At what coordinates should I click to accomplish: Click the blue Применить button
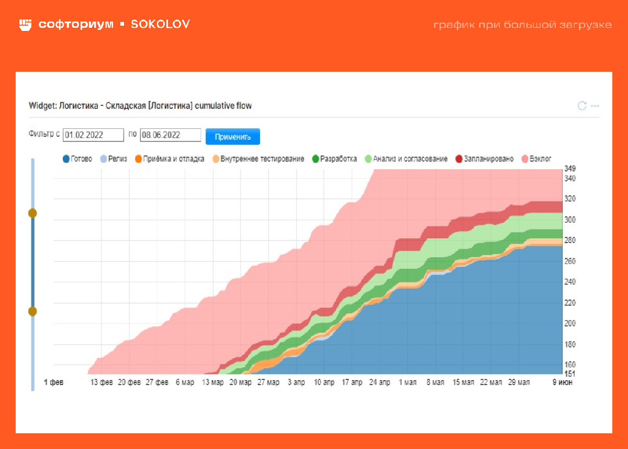tap(233, 136)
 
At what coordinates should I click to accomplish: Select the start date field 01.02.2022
tap(93, 135)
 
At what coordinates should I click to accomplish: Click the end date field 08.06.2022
tap(171, 135)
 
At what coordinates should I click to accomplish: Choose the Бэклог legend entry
tap(536, 159)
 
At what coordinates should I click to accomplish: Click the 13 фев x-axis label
tap(102, 382)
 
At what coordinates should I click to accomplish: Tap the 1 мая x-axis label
tap(407, 382)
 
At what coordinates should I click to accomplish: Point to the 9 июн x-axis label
tap(563, 382)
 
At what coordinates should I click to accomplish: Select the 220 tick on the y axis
tap(569, 303)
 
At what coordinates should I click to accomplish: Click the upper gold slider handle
tap(32, 213)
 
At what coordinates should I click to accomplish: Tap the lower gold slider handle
tap(32, 311)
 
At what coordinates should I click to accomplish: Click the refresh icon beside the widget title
tap(581, 106)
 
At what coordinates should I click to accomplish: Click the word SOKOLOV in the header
tap(160, 24)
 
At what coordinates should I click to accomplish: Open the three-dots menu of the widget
tap(595, 106)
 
